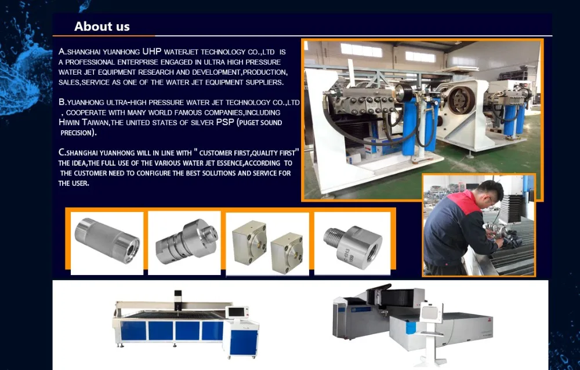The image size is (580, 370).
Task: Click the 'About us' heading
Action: coord(101,26)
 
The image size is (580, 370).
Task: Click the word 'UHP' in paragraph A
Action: coord(151,52)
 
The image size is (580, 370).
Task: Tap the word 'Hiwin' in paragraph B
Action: coord(69,122)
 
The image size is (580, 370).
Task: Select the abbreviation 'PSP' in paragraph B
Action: coord(225,122)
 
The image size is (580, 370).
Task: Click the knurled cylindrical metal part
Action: coord(107,240)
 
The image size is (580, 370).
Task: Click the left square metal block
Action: coord(249,243)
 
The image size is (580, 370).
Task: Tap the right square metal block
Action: coord(287,253)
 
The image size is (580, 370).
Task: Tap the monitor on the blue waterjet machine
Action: coord(237,312)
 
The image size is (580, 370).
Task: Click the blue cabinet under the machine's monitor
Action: coord(244,342)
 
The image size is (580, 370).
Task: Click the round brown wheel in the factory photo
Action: coord(461,100)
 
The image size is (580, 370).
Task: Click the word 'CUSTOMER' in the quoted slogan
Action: coord(215,153)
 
